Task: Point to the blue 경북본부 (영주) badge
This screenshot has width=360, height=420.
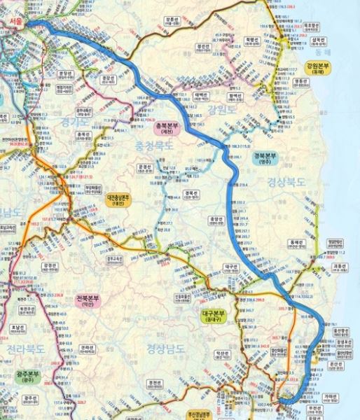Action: (268, 157)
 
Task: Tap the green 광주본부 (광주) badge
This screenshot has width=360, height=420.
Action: (30, 378)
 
